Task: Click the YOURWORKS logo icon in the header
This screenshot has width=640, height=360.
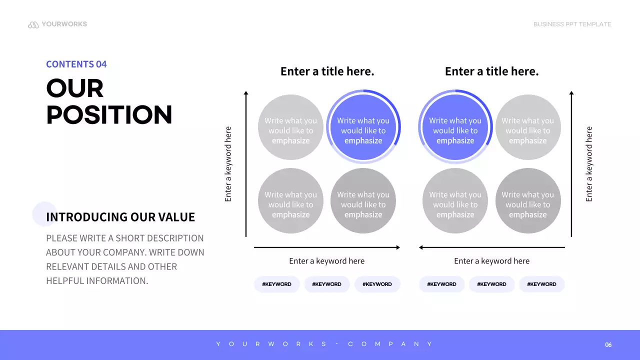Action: [x=33, y=24]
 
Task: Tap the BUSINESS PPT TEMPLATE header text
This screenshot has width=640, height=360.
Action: [x=572, y=24]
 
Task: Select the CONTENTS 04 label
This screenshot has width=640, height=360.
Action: [x=76, y=64]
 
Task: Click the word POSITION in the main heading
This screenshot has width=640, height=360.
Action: [x=109, y=114]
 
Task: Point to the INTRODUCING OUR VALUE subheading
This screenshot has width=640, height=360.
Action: [x=120, y=217]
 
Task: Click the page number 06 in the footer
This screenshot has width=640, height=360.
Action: [x=608, y=344]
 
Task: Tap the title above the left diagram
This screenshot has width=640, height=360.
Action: [x=327, y=71]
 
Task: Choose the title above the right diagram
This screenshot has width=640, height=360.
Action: [x=491, y=71]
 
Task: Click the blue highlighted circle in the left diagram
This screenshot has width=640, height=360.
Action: [x=363, y=127]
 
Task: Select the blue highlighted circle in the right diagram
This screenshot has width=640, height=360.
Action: [x=455, y=127]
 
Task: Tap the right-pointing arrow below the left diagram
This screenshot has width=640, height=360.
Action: [x=327, y=247]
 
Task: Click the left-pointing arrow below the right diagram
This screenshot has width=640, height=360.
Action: [x=491, y=247]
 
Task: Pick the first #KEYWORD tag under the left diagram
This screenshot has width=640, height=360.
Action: [x=276, y=284]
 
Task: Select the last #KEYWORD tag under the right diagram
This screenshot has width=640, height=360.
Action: [x=542, y=284]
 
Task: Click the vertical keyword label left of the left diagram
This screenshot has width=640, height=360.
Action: [x=228, y=164]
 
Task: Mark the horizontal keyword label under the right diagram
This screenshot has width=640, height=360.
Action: [x=491, y=261]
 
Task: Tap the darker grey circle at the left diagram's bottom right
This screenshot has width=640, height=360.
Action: [x=363, y=201]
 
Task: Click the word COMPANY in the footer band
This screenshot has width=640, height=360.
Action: [x=390, y=344]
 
